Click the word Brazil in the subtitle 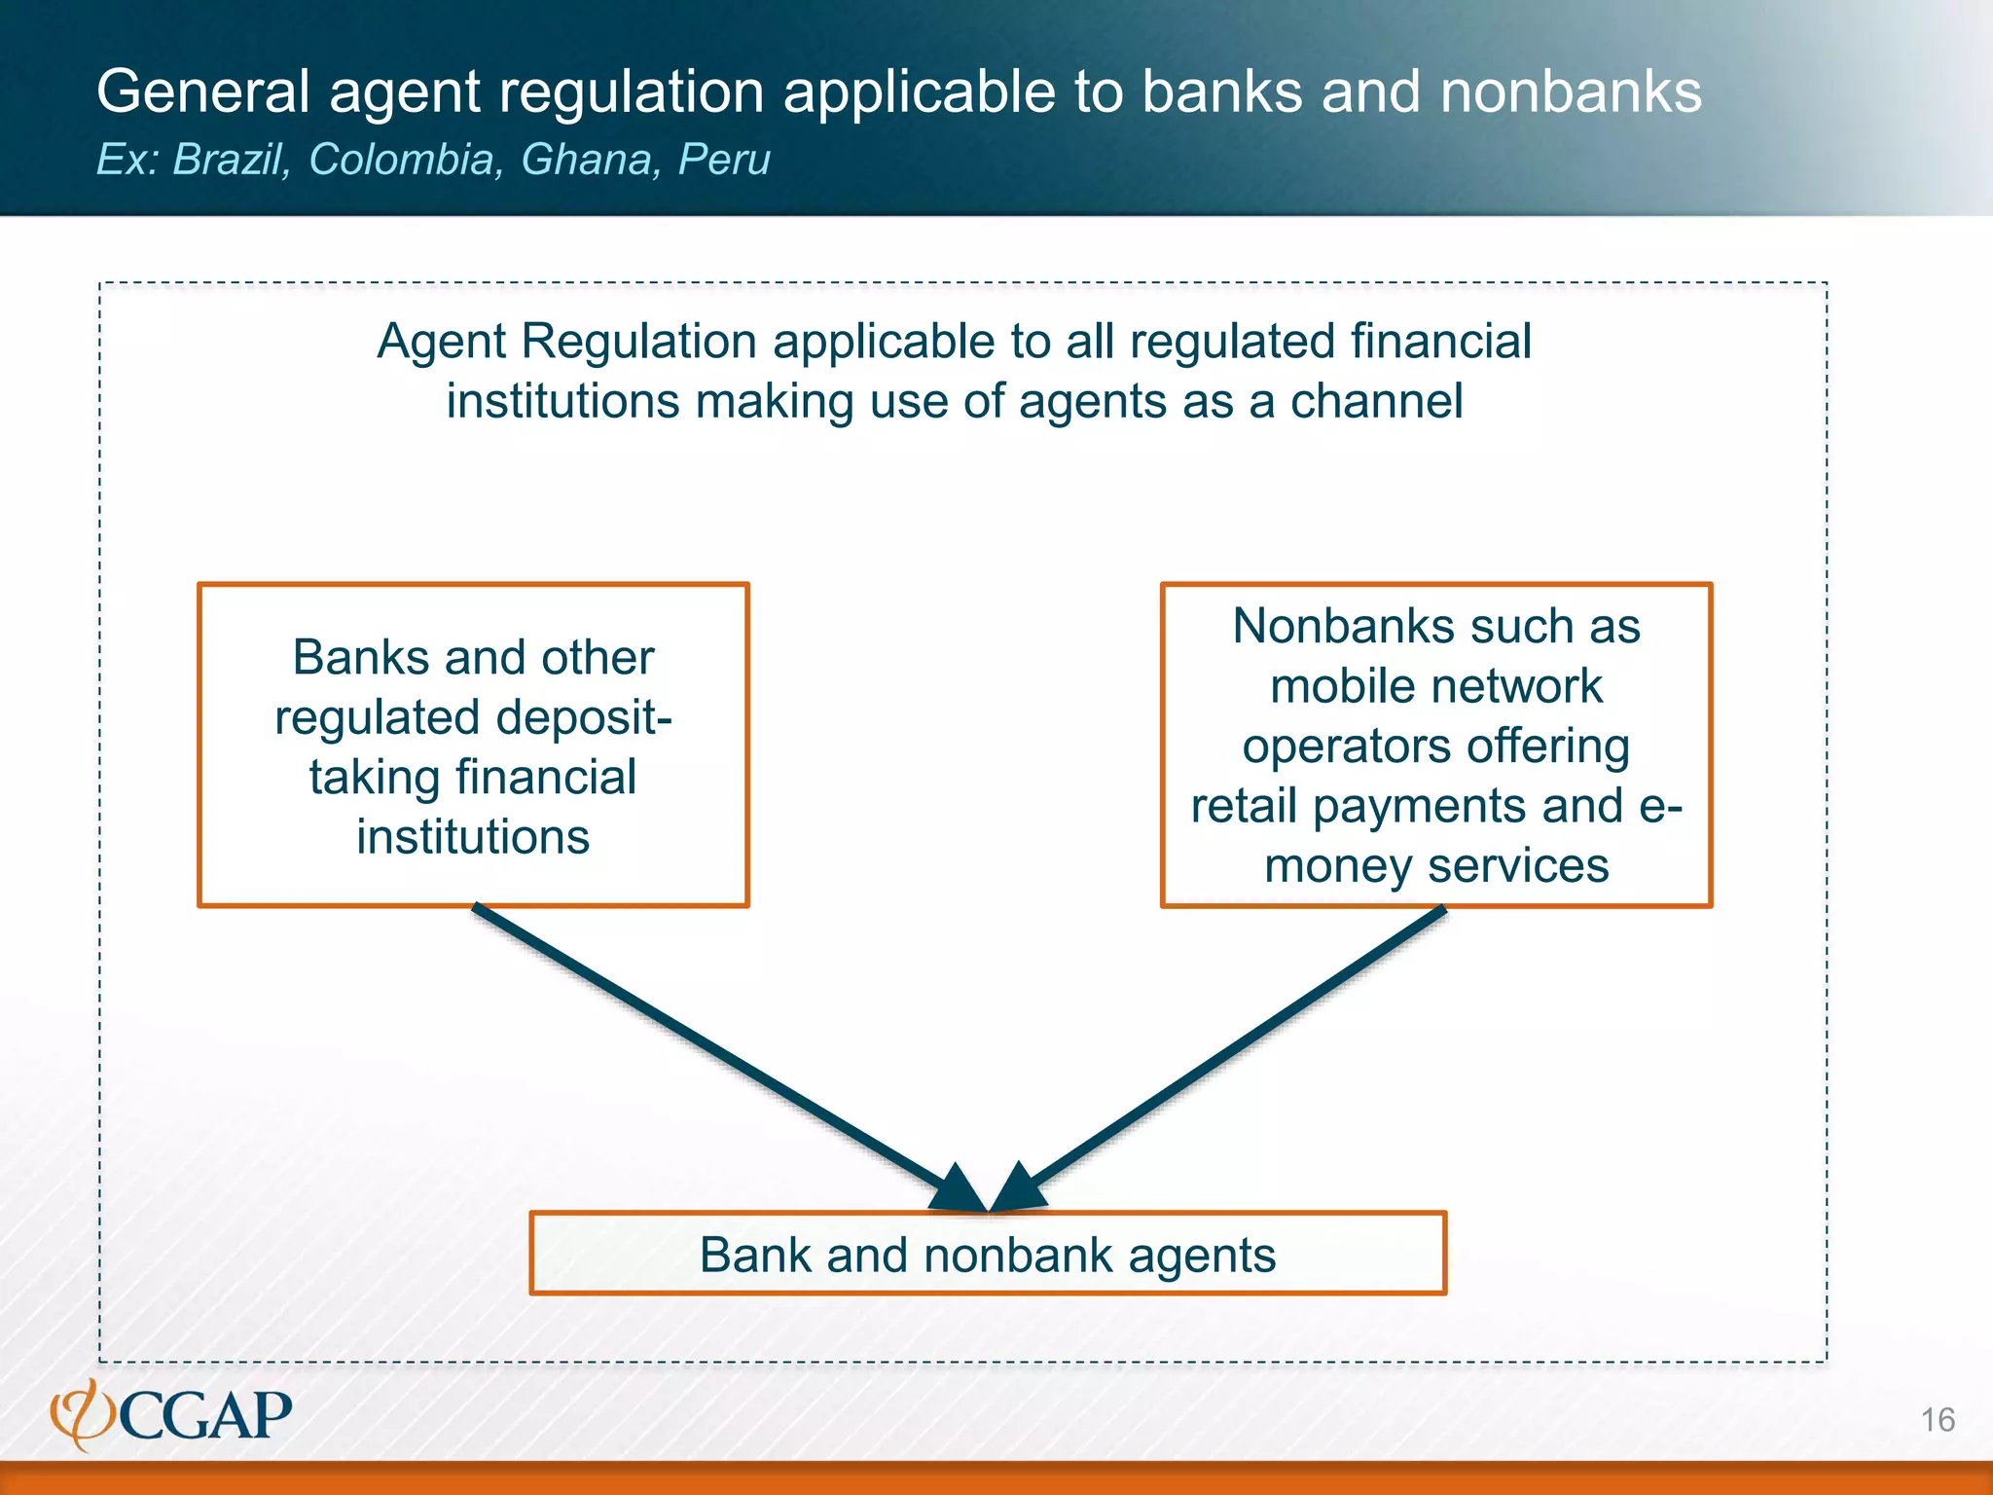coord(231,159)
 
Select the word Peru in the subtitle coord(724,159)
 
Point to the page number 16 coord(1937,1420)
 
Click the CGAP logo coord(172,1414)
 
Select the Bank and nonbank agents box coord(988,1254)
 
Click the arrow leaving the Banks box coord(720,1055)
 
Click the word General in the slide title coord(202,91)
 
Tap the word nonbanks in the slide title coord(1570,91)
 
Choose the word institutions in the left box coord(473,837)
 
